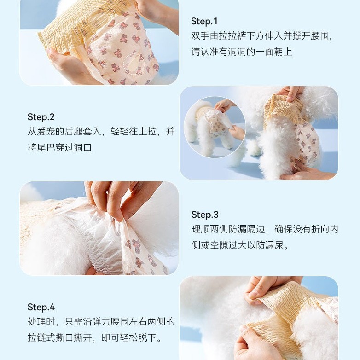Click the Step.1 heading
(x=204, y=21)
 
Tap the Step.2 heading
(x=41, y=117)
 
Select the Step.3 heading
(x=205, y=215)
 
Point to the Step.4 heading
(x=41, y=307)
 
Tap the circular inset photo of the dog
(x=215, y=127)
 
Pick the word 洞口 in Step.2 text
(x=83, y=148)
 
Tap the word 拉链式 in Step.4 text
(x=41, y=338)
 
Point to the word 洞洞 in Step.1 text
(x=238, y=52)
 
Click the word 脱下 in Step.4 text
(x=147, y=338)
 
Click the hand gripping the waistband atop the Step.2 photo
(x=290, y=93)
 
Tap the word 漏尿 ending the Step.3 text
(x=274, y=245)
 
